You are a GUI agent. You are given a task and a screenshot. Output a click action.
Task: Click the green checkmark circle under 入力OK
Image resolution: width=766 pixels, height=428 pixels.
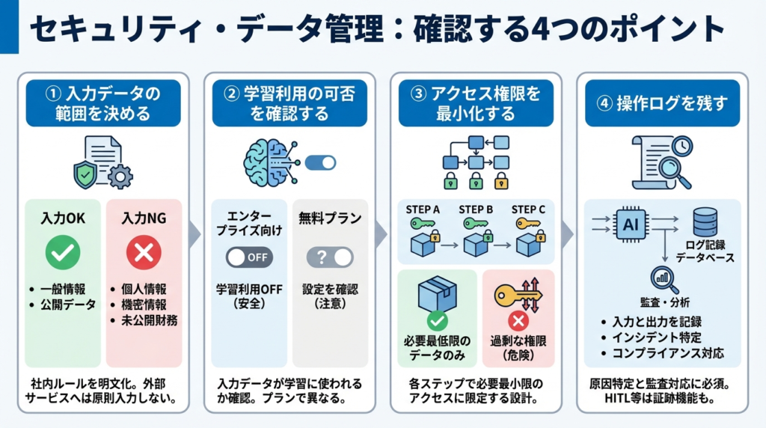[63, 254]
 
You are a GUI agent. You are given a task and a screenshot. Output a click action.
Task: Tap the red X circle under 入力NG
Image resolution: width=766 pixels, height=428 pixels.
[144, 254]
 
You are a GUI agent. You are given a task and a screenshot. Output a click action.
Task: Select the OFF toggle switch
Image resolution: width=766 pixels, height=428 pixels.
[249, 257]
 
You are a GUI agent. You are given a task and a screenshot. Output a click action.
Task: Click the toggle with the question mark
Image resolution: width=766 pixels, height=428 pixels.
[330, 257]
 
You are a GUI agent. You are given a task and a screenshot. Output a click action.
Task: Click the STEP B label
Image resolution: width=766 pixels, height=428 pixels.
[477, 210]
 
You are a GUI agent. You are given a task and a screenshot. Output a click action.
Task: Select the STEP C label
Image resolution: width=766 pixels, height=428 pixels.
[528, 210]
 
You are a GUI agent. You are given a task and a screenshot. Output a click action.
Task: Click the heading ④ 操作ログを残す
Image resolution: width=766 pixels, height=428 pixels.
[662, 103]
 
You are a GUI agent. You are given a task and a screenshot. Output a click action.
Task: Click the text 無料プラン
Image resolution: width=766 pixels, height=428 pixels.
[330, 218]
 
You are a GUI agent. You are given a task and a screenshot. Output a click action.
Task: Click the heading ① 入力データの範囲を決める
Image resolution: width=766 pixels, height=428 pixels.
[103, 103]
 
